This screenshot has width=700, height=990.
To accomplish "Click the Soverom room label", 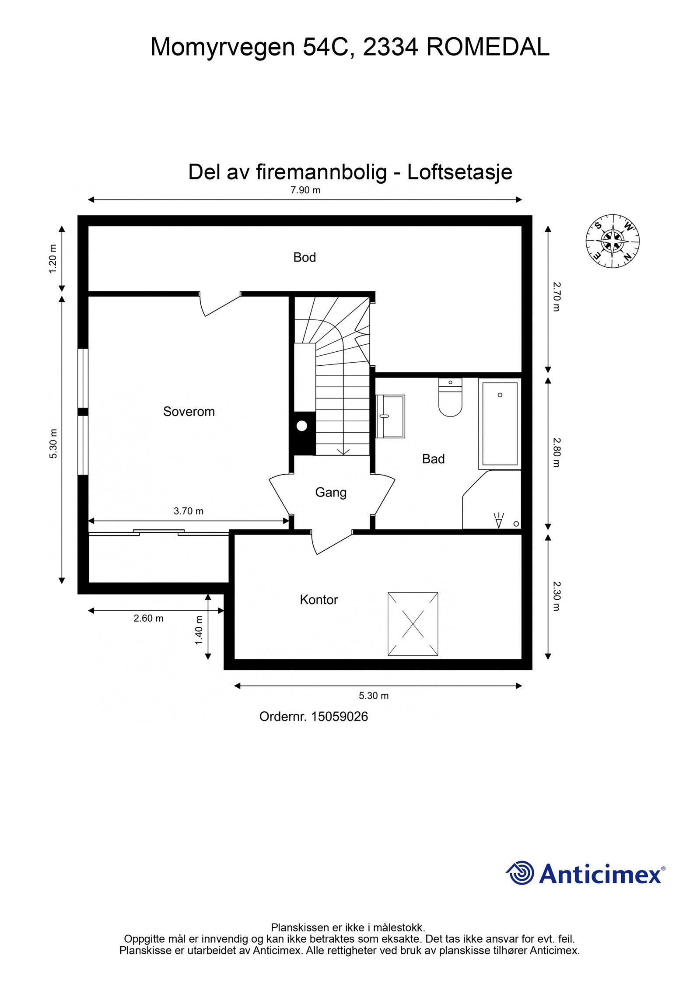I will pos(189,412).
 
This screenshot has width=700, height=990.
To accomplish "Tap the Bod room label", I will pos(304,257).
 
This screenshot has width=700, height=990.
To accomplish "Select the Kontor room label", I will pos(318,599).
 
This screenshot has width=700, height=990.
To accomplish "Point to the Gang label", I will pos(330,492).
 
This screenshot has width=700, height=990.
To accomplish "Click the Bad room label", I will pos(433,458).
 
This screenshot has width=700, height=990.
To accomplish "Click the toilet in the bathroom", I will pos(450,398).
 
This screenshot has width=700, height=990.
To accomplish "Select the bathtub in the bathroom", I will pos(499,423).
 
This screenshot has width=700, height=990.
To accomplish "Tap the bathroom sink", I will pos(390,416).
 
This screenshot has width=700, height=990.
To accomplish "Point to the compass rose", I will pos(612,241).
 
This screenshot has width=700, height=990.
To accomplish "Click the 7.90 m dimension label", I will pos(305,190).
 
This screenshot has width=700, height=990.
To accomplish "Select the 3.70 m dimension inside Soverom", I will pos(188,511).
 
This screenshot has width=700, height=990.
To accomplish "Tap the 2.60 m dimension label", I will pos(148,618).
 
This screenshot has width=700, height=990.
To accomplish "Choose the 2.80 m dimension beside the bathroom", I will pos(556,453).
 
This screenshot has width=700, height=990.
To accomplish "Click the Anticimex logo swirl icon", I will pos(521,873).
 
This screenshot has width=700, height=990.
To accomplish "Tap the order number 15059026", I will pos(339,717).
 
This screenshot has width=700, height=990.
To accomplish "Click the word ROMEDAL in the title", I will pos(487,47).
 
